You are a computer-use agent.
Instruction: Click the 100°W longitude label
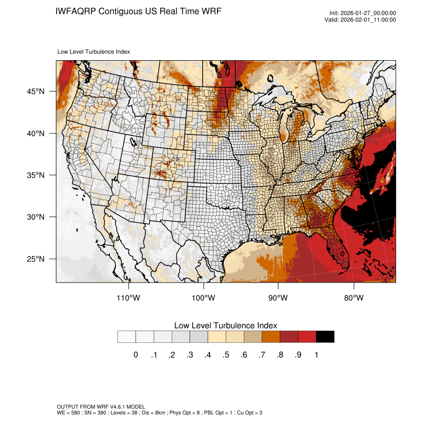coord(203,298)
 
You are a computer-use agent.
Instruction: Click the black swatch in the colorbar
coord(325,336)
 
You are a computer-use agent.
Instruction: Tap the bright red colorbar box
coord(307,336)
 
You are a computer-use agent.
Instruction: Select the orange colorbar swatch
coord(271,336)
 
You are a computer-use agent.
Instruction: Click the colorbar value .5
coord(226,355)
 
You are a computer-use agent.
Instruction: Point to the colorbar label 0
coord(135,355)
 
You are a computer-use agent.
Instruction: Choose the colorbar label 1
coord(316,355)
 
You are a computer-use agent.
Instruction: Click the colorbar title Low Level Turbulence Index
coord(225,325)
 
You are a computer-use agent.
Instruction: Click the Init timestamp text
coord(363,13)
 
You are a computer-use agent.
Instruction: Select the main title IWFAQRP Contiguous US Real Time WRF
coord(138,11)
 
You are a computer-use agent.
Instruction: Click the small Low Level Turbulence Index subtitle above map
coord(94,51)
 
